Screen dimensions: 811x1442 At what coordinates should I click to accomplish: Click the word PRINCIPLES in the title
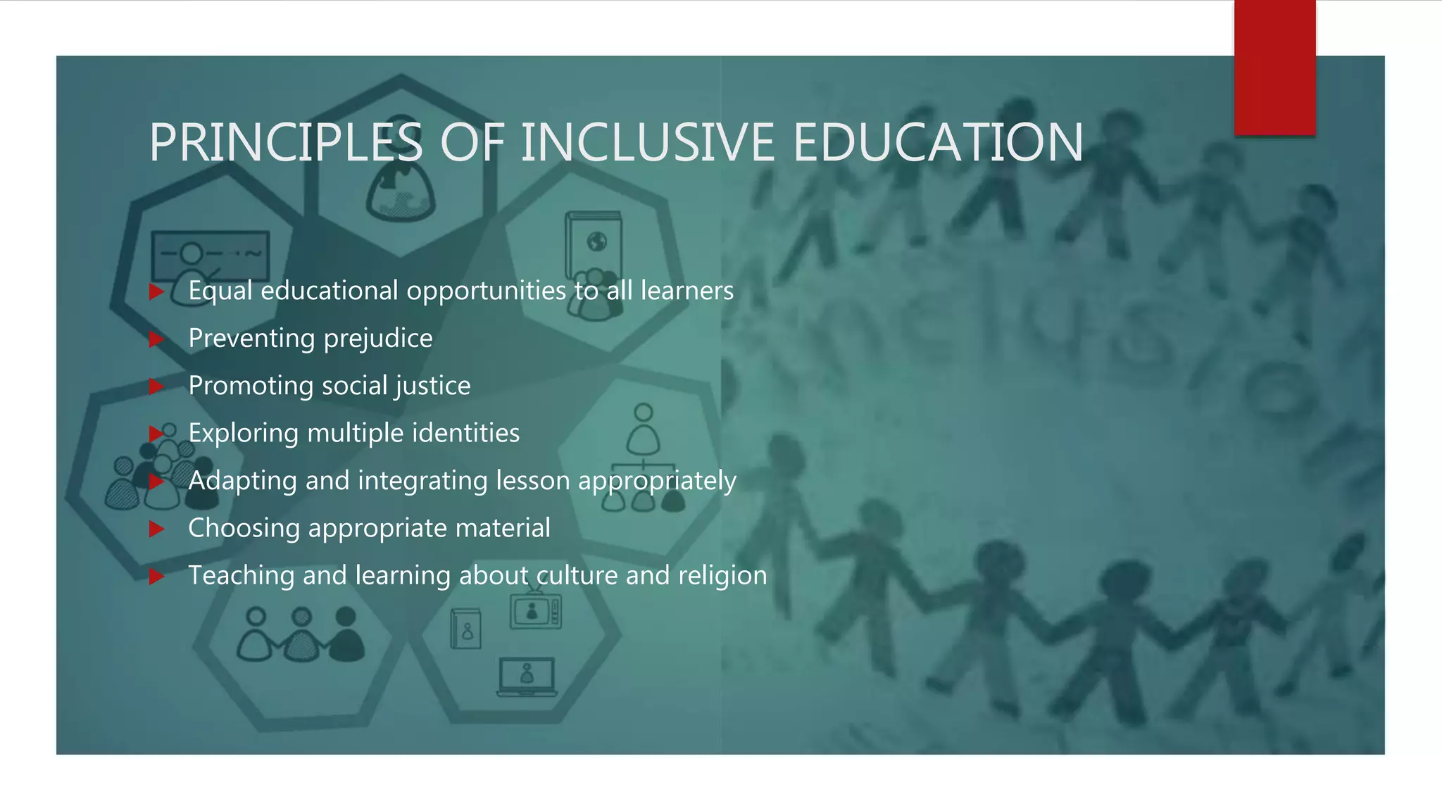285,143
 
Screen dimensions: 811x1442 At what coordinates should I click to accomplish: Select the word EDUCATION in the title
938,143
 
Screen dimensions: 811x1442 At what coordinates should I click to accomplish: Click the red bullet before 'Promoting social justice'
156,386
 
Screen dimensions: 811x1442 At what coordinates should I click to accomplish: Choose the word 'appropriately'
657,482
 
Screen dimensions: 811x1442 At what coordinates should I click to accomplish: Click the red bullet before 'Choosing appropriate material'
156,529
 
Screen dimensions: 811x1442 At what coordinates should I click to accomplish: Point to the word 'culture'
577,576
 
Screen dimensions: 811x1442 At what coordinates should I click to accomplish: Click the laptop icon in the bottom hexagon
527,677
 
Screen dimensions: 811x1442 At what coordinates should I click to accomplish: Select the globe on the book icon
596,242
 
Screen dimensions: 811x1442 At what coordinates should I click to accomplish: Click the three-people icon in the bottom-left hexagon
301,635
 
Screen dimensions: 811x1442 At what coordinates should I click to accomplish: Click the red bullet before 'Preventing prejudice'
156,339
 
